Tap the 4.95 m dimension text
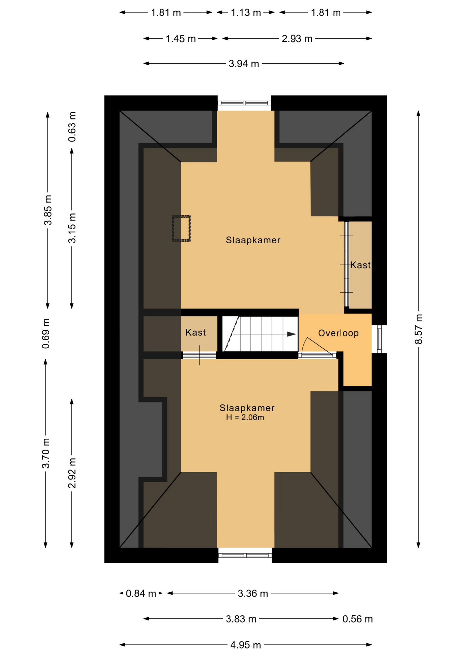[x=246, y=645]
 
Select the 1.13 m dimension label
[x=246, y=13]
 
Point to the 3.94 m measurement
[x=244, y=64]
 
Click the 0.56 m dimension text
[x=357, y=619]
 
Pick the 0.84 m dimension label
[x=141, y=593]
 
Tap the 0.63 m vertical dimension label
[x=72, y=127]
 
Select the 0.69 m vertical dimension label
[x=46, y=333]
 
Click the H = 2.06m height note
[x=245, y=417]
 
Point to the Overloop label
[x=338, y=333]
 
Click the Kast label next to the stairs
[x=195, y=332]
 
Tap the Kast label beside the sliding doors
[x=360, y=265]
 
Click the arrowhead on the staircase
[x=291, y=334]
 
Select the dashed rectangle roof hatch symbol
[x=181, y=229]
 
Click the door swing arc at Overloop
[x=303, y=345]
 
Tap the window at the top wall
[x=244, y=103]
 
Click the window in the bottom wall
[x=245, y=555]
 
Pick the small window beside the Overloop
[x=379, y=339]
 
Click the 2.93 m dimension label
[x=297, y=39]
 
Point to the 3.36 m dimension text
[x=253, y=593]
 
